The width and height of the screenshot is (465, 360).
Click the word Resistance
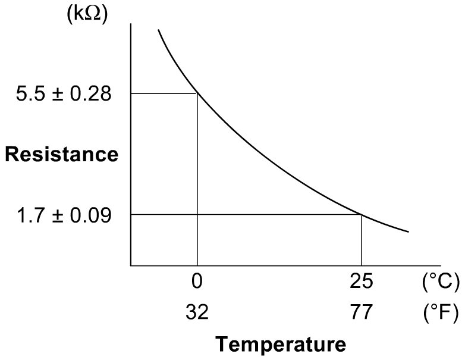coord(62,155)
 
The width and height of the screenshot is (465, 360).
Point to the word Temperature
coord(280,344)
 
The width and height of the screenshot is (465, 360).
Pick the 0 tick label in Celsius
coord(197,283)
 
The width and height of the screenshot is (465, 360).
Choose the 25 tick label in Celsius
coord(362,283)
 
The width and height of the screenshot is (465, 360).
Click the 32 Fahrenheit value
coord(197,312)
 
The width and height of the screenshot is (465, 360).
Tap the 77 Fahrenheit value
coord(362,312)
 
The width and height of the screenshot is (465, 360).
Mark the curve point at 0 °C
coord(197,93)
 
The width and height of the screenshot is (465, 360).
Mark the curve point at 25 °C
coord(362,214)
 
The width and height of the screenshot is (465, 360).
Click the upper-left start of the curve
coord(158,30)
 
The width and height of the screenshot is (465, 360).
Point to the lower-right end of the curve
coord(409,231)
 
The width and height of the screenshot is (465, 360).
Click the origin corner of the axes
coord(131,265)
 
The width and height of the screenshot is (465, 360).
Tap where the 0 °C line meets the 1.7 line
coord(197,214)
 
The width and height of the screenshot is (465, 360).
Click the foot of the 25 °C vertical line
coord(362,265)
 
